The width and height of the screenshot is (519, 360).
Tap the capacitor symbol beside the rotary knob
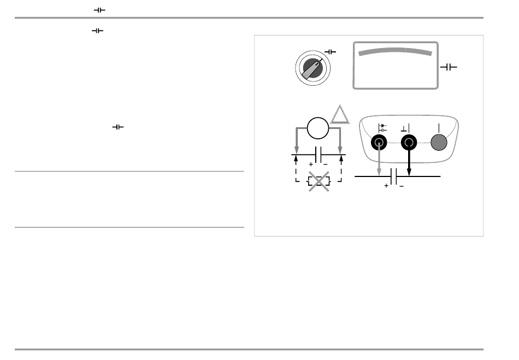click(331, 52)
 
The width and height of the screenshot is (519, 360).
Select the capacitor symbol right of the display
click(449, 67)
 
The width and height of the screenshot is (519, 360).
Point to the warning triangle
click(339, 115)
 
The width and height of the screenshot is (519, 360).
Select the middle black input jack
click(409, 143)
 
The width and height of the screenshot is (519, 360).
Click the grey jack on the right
click(439, 143)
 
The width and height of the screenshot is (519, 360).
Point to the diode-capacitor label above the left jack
click(382, 128)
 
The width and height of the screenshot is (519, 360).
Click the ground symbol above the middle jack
click(405, 128)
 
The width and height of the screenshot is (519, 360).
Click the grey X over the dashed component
click(318, 181)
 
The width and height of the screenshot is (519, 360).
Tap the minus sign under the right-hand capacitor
click(402, 186)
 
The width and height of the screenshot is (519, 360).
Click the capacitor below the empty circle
click(319, 155)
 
